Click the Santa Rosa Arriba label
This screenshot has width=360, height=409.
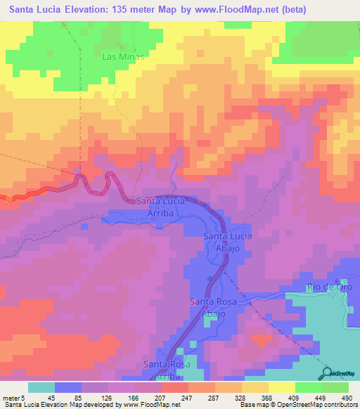(x=167, y=370)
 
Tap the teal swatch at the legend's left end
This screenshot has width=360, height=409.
(x=41, y=387)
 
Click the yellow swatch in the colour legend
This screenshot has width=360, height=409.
(x=282, y=387)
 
